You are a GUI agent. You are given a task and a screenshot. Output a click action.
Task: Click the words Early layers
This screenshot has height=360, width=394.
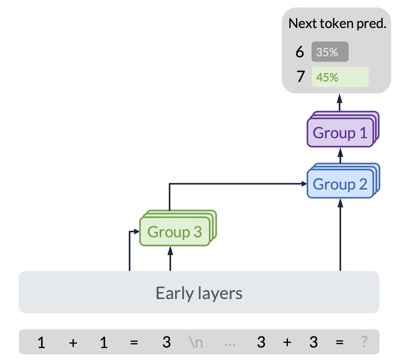[199, 293]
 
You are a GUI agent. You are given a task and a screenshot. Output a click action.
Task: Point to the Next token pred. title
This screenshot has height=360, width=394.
[337, 24]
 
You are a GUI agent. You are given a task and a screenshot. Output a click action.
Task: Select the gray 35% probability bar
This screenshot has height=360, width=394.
[330, 52]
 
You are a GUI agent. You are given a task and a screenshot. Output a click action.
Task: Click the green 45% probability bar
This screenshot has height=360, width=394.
[340, 77]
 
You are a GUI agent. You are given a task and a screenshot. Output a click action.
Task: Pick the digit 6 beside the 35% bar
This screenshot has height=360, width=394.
[299, 52]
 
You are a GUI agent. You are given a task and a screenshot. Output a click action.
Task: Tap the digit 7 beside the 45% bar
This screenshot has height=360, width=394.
[300, 77]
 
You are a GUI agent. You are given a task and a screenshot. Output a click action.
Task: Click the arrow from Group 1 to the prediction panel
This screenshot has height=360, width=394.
[339, 102]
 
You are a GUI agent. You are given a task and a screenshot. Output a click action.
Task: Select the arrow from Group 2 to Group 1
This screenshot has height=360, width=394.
[340, 155]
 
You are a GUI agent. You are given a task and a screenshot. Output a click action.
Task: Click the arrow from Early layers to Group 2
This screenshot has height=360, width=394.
[340, 235]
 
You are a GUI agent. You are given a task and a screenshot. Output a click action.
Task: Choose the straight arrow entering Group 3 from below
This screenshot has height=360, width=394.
[170, 259]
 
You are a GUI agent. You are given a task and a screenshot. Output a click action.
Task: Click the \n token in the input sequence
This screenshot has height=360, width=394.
[195, 342]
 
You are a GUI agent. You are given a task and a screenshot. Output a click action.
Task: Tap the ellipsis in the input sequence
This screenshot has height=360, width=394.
[230, 345]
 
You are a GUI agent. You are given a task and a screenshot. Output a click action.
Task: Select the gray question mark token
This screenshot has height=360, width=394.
[364, 342]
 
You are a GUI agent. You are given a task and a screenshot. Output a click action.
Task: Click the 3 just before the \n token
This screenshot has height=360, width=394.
[166, 342]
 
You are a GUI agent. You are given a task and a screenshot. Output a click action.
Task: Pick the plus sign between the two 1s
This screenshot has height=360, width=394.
[73, 343]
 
